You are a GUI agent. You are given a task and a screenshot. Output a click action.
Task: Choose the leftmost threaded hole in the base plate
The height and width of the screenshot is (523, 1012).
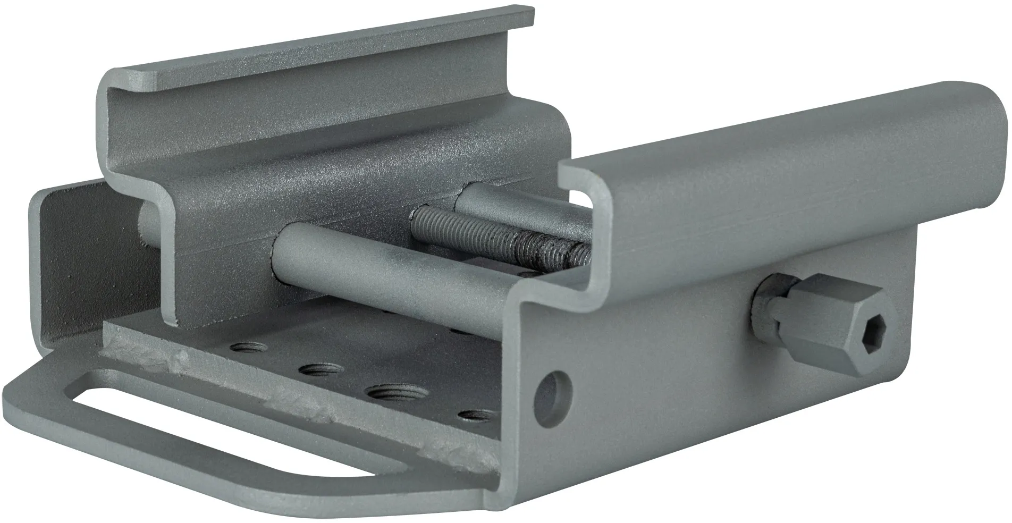[243, 348]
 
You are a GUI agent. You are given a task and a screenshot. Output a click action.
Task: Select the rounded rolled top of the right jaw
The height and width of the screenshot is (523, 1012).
[797, 133]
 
